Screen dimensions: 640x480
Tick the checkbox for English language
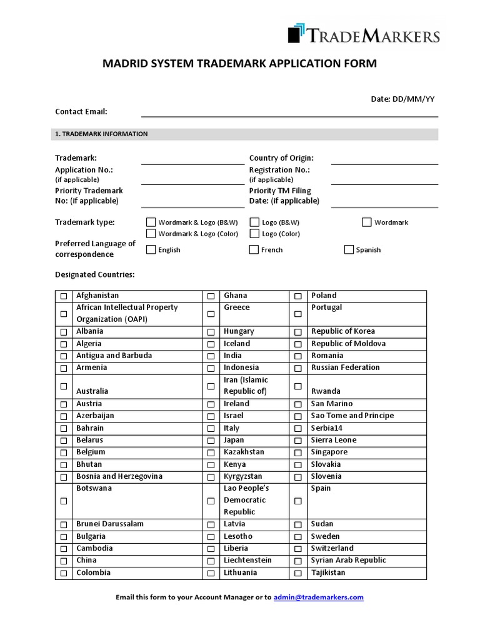[x=151, y=249]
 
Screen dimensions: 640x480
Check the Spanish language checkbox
[x=349, y=249]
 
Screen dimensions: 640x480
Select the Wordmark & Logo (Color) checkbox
[x=151, y=234]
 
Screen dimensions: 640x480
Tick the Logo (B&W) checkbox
[x=254, y=222]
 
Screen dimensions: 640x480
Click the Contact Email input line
[x=289, y=112]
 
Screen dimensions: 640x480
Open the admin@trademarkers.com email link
[x=319, y=597]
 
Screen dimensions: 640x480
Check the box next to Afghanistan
[x=64, y=296]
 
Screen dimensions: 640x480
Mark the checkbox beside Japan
[x=211, y=440]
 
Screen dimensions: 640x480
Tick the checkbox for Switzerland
[x=298, y=549]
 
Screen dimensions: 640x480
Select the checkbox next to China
[x=64, y=561]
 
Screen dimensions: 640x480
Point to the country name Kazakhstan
[x=244, y=452]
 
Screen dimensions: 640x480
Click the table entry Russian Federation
[x=345, y=367]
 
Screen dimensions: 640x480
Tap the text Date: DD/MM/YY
[x=402, y=99]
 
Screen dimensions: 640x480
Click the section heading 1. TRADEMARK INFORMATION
[x=101, y=134]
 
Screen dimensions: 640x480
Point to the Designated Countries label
[x=95, y=274]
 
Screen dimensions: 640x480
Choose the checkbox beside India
[x=211, y=356]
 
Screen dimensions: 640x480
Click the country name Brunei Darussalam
[x=110, y=524]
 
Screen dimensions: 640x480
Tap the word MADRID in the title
[x=124, y=64]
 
